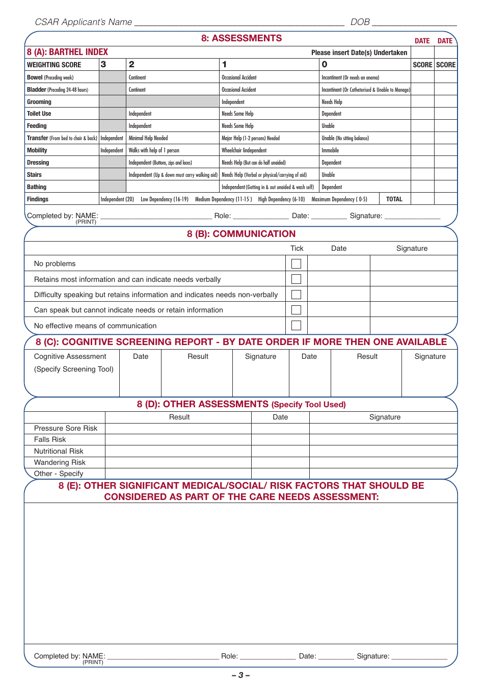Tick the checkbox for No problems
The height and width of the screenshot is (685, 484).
(296, 264)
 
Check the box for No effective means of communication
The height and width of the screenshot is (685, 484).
(296, 325)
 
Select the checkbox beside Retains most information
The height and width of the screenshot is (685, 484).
(296, 279)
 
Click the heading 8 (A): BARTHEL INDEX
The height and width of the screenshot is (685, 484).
(67, 52)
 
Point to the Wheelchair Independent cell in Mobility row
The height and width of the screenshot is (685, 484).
(244, 150)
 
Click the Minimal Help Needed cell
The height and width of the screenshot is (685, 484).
(148, 138)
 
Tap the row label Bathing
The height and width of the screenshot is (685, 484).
(37, 187)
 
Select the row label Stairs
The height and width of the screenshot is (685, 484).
(34, 175)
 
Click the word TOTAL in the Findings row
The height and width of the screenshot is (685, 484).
(394, 199)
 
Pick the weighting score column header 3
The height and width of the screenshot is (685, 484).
(103, 65)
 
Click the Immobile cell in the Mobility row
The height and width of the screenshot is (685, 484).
(330, 150)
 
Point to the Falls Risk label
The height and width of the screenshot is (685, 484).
(50, 439)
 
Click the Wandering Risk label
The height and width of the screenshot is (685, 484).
(60, 462)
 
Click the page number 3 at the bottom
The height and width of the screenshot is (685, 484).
(240, 675)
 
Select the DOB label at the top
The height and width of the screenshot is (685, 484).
(360, 22)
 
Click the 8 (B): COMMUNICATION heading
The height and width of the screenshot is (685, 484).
(241, 234)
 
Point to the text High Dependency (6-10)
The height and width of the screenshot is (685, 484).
(281, 199)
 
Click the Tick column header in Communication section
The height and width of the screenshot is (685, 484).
(297, 248)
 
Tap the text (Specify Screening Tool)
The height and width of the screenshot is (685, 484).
(74, 369)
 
